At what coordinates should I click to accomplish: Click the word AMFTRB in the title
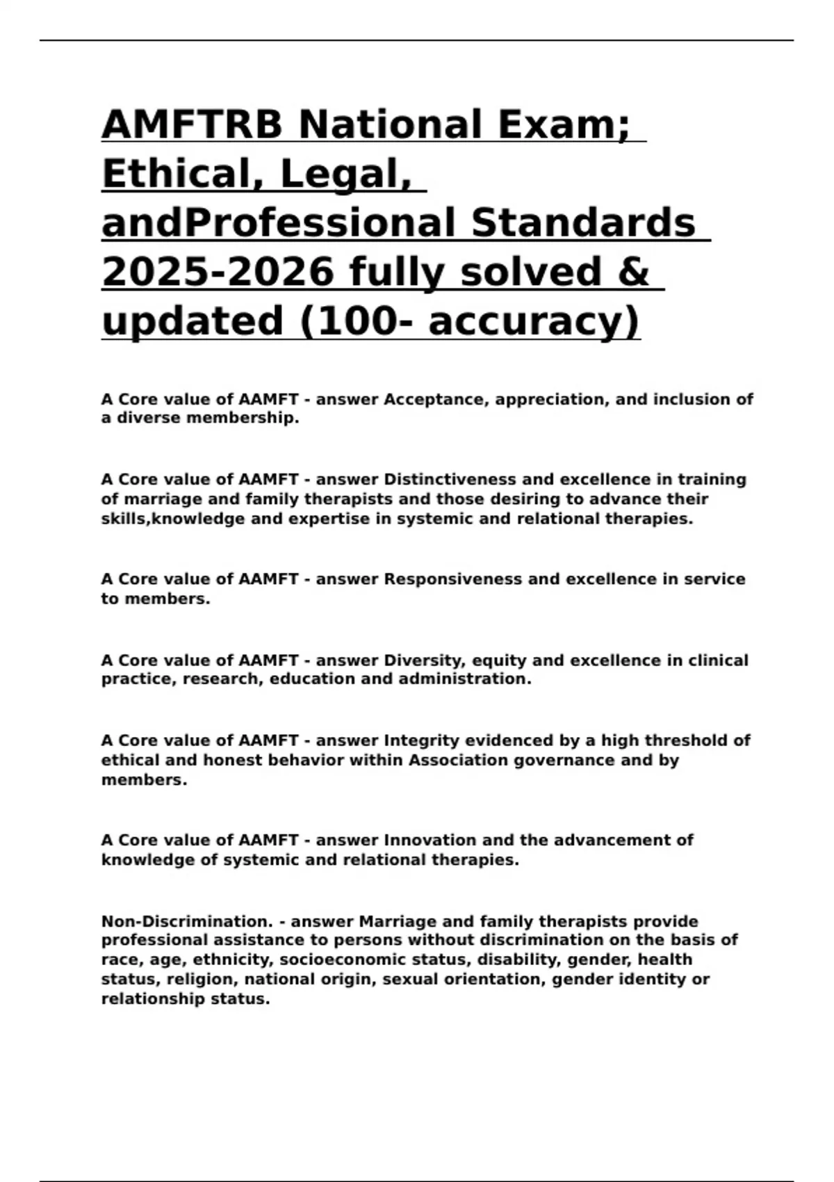pyautogui.click(x=193, y=124)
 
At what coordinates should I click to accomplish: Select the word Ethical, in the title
pyautogui.click(x=181, y=174)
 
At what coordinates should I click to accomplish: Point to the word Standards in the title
pyautogui.click(x=582, y=222)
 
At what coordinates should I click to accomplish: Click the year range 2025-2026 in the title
pyautogui.click(x=218, y=272)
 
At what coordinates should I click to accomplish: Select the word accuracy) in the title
pyautogui.click(x=534, y=321)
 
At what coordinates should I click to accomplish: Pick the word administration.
pyautogui.click(x=465, y=679)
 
